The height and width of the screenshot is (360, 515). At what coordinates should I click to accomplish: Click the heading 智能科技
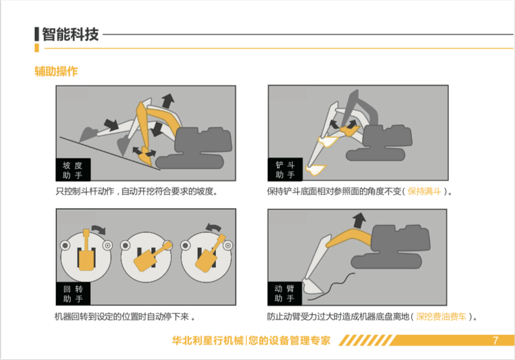click(70, 34)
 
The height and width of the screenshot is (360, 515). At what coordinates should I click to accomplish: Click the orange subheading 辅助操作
click(56, 71)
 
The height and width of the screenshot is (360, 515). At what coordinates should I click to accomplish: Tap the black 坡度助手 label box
click(73, 170)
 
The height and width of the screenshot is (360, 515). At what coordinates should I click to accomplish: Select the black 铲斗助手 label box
click(285, 170)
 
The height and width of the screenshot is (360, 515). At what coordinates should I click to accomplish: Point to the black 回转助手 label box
click(73, 294)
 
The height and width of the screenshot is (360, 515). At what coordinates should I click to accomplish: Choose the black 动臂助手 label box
click(285, 293)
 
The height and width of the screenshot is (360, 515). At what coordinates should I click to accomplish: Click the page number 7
click(496, 340)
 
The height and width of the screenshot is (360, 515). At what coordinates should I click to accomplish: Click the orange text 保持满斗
click(424, 191)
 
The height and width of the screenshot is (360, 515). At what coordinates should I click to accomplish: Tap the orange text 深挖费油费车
click(441, 317)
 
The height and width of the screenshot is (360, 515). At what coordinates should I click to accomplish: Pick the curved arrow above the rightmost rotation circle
click(213, 227)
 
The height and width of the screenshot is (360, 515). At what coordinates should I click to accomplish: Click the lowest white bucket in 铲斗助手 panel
click(315, 170)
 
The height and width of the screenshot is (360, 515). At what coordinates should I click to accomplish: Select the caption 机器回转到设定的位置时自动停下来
click(122, 317)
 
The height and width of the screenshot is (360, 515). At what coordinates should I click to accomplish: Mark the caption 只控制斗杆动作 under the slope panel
click(85, 191)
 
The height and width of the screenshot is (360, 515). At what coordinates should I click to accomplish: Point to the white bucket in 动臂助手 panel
click(313, 286)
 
